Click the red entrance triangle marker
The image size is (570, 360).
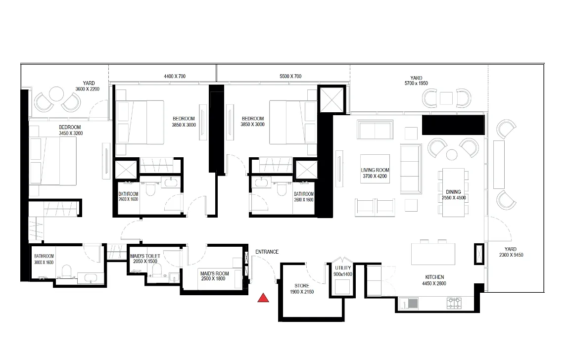pos(263,298)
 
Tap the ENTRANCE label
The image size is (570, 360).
pos(267,252)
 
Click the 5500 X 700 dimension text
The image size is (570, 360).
pos(290,76)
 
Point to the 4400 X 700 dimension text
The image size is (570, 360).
pos(175,76)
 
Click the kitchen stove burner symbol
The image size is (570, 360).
pos(454,303)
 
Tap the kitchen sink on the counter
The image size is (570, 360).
pos(409,303)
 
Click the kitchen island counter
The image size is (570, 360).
pos(433,254)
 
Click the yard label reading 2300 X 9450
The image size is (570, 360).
pos(511,252)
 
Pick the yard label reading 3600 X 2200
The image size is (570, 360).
pos(87,86)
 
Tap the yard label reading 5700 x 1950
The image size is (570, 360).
pos(416,81)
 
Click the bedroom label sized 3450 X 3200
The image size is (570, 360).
pos(71,131)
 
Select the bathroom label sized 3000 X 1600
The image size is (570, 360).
pos(44,260)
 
